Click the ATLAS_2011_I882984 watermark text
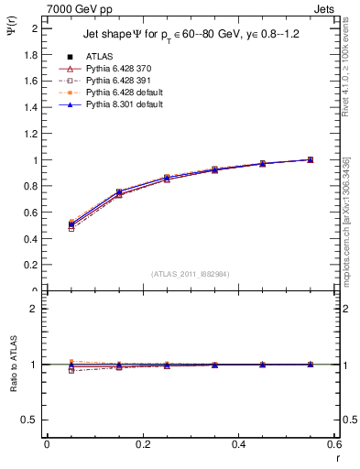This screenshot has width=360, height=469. coord(191,273)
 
